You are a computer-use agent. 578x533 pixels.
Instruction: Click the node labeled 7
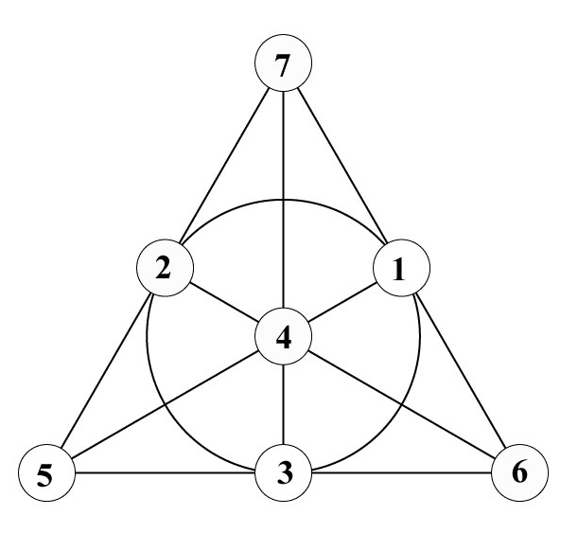click(284, 65)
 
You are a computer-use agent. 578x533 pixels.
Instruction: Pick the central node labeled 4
click(284, 335)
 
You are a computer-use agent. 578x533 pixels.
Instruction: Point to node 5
click(47, 471)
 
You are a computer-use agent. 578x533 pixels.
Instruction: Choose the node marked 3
click(284, 471)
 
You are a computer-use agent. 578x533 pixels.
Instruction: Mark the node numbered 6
click(519, 471)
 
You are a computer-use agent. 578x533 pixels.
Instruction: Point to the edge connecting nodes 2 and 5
click(106, 369)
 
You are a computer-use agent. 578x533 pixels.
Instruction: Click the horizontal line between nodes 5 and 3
click(166, 471)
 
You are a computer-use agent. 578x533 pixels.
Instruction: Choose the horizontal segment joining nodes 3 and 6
click(402, 471)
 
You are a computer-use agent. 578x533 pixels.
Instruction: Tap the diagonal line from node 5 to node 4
click(166, 402)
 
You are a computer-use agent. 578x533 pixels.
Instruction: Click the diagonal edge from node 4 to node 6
click(402, 402)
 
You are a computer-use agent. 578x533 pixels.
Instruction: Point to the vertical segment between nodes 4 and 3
click(284, 403)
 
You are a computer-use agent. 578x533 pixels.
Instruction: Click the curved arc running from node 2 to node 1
click(284, 200)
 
